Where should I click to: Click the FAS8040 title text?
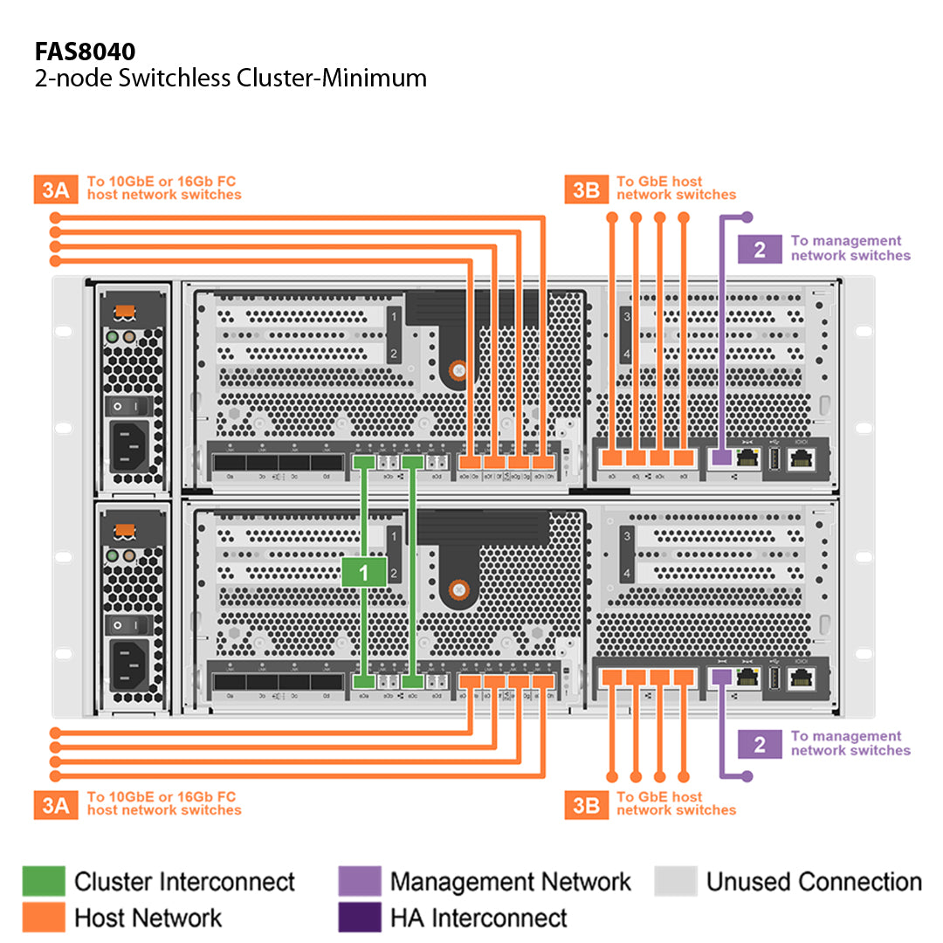pyautogui.click(x=85, y=49)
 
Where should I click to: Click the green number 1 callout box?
pyautogui.click(x=364, y=572)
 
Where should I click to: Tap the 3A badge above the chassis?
pyautogui.click(x=55, y=189)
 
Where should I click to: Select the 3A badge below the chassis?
pyautogui.click(x=55, y=804)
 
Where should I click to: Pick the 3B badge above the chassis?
pyautogui.click(x=586, y=189)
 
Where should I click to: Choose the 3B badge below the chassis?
pyautogui.click(x=586, y=804)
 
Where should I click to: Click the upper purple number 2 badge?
pyautogui.click(x=760, y=249)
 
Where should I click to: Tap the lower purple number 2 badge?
pyautogui.click(x=760, y=744)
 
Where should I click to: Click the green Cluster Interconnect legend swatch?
pyautogui.click(x=44, y=881)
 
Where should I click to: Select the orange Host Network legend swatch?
pyautogui.click(x=44, y=917)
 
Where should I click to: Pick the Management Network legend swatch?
pyautogui.click(x=360, y=881)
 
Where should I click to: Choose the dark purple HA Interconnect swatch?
pyautogui.click(x=360, y=917)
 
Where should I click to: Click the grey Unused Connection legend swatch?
pyautogui.click(x=676, y=881)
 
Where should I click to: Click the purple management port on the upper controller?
pyautogui.click(x=721, y=457)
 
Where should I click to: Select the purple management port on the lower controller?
pyautogui.click(x=721, y=677)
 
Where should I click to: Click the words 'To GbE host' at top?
pyautogui.click(x=659, y=182)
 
